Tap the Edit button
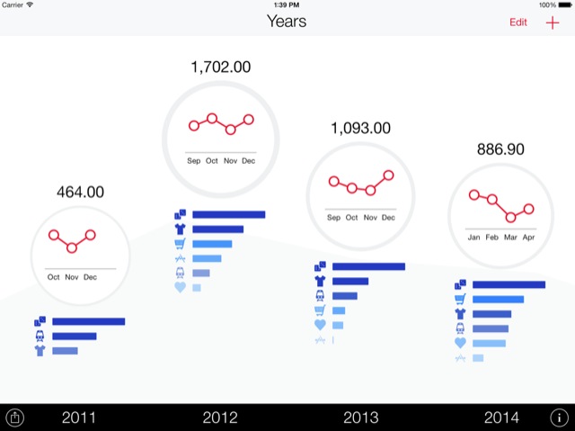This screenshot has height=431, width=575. pos(518,22)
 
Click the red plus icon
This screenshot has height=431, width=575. pos(553,22)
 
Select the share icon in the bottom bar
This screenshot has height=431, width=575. pos(16,417)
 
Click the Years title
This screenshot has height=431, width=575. pos(287,21)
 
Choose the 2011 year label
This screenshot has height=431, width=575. pos(78,417)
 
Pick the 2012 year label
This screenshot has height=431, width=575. pos(220,417)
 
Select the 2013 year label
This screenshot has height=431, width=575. pos(361,417)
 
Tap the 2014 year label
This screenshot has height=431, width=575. pos(501,417)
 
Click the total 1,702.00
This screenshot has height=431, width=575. pos(221,67)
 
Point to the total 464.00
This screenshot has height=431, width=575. pos(80,192)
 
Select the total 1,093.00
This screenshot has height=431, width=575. pos(360,128)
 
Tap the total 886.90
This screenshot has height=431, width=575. pos(500,149)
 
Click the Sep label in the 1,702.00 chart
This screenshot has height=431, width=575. pos(194,161)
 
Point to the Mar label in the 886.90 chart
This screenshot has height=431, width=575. pos(510,238)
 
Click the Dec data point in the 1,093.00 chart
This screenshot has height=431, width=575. pos(388,175)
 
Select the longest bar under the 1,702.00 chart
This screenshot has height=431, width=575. pos(229,214)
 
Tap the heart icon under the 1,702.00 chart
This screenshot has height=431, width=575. pos(180,288)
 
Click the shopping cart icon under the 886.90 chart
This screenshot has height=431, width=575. pos(460,300)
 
